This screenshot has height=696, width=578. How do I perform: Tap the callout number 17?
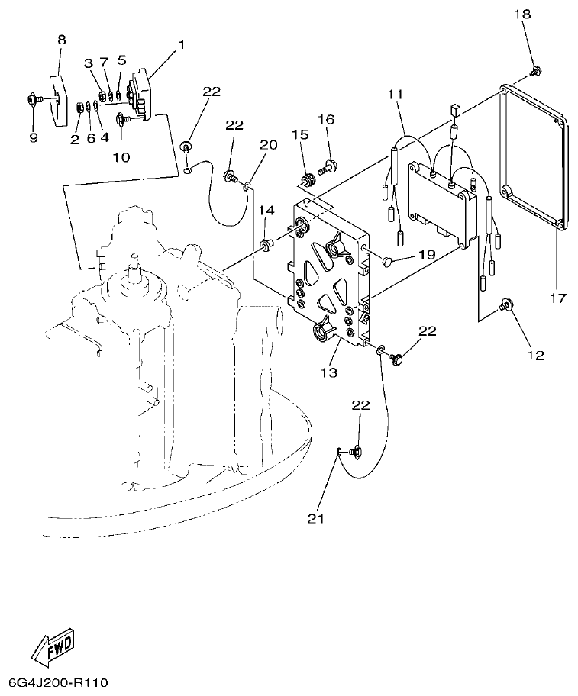coord(557,297)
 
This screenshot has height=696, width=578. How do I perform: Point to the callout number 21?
coord(316,518)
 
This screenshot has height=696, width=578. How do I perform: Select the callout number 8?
coord(62,39)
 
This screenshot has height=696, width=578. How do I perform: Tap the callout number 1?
coord(182,45)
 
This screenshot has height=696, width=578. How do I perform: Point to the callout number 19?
coord(425,254)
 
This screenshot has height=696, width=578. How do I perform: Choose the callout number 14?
coord(264,210)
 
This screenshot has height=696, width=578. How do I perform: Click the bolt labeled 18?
coord(535,72)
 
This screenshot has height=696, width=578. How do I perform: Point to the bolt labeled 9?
coord(34,98)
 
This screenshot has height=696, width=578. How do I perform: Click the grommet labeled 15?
coord(308,181)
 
